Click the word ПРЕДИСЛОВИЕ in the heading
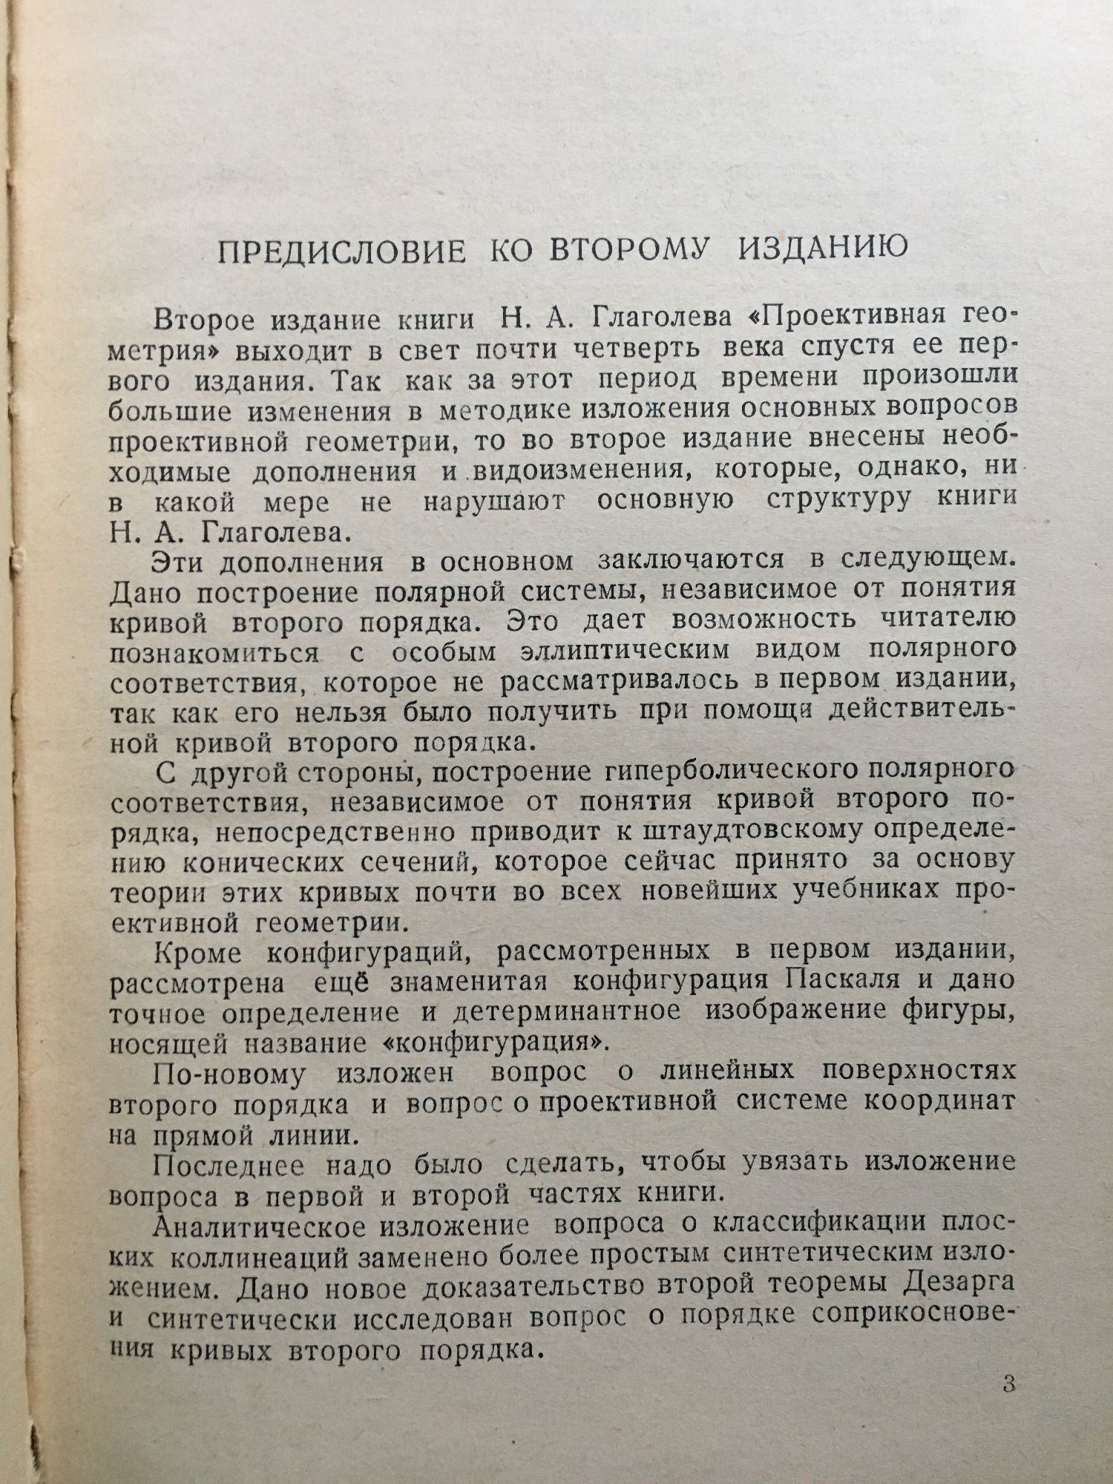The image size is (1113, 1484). [341, 250]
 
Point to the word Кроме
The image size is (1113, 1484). [197, 951]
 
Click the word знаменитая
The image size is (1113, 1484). [468, 982]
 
